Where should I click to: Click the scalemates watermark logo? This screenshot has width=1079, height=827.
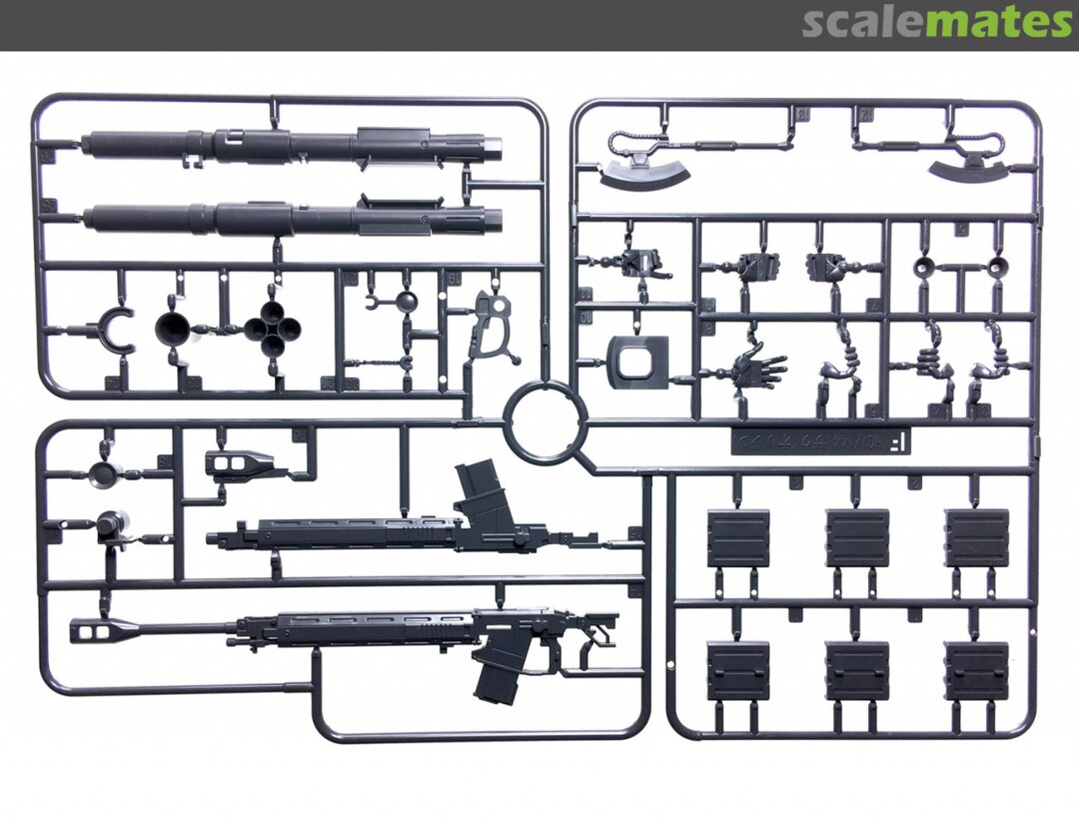pos(936,22)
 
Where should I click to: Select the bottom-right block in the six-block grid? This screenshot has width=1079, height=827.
pos(976,670)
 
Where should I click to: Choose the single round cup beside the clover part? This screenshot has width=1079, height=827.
pos(178,330)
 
